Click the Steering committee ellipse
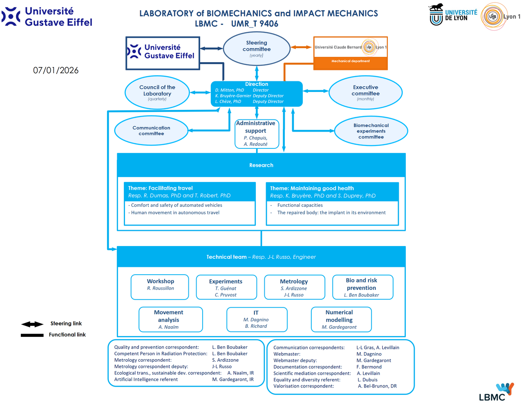pyautogui.click(x=257, y=49)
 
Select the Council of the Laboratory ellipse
pyautogui.click(x=157, y=93)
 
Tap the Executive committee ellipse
pyautogui.click(x=365, y=93)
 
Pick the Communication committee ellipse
pyautogui.click(x=151, y=131)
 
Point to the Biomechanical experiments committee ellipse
pyautogui.click(x=371, y=131)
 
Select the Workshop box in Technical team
pyautogui.click(x=160, y=287)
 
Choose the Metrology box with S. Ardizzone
pyautogui.click(x=294, y=287)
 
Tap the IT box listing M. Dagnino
pyautogui.click(x=257, y=319)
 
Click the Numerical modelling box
pyautogui.click(x=341, y=319)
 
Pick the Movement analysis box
pyautogui.click(x=170, y=319)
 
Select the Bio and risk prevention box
pyautogui.click(x=362, y=287)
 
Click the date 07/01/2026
pyautogui.click(x=56, y=70)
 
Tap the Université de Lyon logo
pyautogui.click(x=453, y=15)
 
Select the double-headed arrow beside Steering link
pyautogui.click(x=32, y=324)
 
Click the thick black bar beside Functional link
pyautogui.click(x=32, y=335)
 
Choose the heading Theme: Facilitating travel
pyautogui.click(x=161, y=188)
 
